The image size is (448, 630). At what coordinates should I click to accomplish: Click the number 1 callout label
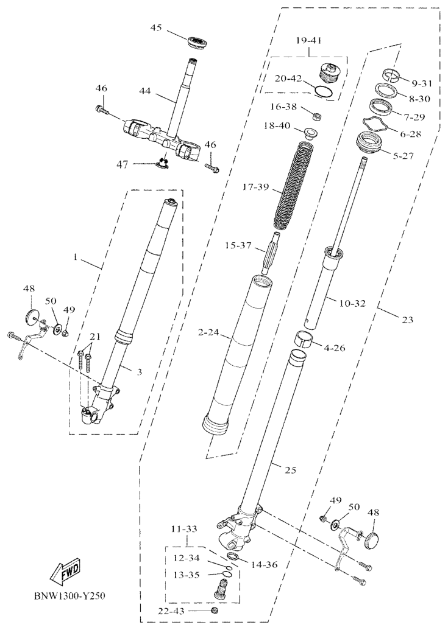point(75,257)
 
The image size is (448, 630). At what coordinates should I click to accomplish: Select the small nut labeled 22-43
point(213,611)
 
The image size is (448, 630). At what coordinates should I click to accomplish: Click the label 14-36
point(263,565)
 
